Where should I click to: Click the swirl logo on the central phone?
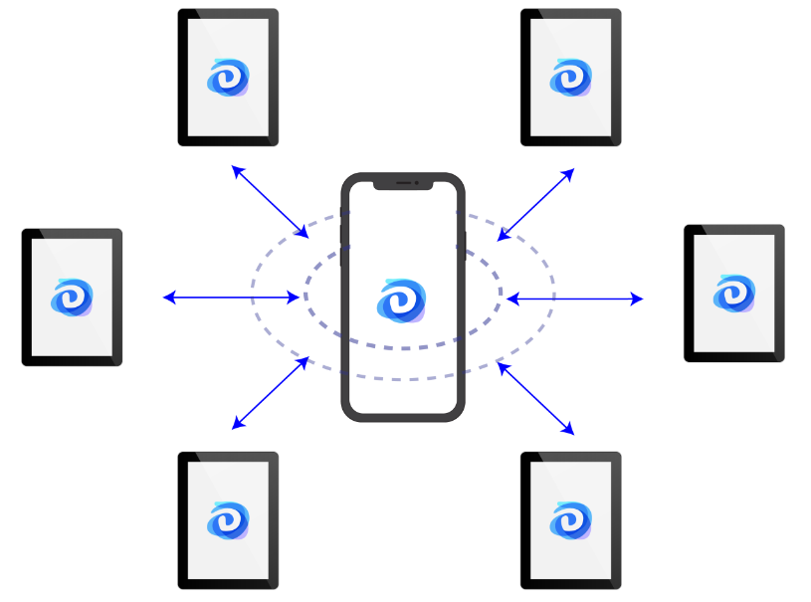pos(402,300)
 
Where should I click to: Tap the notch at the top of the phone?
pos(403,183)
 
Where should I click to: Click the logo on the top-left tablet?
pos(228,77)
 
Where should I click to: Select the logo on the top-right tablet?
pos(571,77)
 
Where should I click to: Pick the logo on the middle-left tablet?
pos(72,297)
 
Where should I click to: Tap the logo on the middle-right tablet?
pos(734,293)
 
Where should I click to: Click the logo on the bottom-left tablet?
pos(228,519)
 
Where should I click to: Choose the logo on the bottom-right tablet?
pos(571,519)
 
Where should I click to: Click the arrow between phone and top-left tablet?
pos(270,202)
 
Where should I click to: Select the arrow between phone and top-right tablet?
pos(536,204)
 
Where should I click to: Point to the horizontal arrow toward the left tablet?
pos(231,297)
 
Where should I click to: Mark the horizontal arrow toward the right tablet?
pos(575,299)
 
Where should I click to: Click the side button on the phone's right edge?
pos(465,245)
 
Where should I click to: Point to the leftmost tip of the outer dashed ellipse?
pos(252,296)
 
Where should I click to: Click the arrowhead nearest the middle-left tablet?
pos(166,297)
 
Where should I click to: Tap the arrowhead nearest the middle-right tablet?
pos(640,299)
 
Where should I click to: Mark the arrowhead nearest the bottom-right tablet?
pos(571,432)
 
